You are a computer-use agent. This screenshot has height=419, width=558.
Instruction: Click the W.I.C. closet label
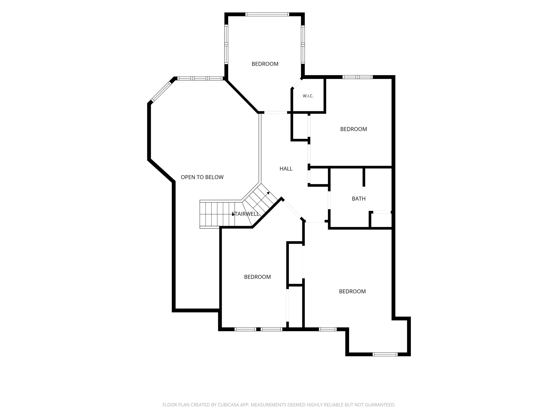(x=308, y=96)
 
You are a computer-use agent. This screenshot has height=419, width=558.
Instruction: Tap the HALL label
(x=286, y=169)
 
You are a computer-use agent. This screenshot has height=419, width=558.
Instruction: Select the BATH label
(x=359, y=199)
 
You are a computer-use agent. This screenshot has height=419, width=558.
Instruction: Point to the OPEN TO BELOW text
(x=202, y=177)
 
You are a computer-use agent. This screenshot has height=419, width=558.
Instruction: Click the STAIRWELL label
(x=245, y=214)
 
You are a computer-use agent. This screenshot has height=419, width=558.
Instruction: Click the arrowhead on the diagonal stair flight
(x=268, y=193)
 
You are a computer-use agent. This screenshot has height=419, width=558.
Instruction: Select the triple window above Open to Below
(x=200, y=78)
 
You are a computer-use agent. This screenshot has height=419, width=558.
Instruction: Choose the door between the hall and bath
(x=329, y=200)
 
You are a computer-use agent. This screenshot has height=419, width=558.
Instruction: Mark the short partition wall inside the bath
(x=364, y=177)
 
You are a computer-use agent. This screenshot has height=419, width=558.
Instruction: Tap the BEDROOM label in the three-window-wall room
(x=265, y=64)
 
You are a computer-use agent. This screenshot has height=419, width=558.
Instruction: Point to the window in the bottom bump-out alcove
(x=385, y=354)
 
